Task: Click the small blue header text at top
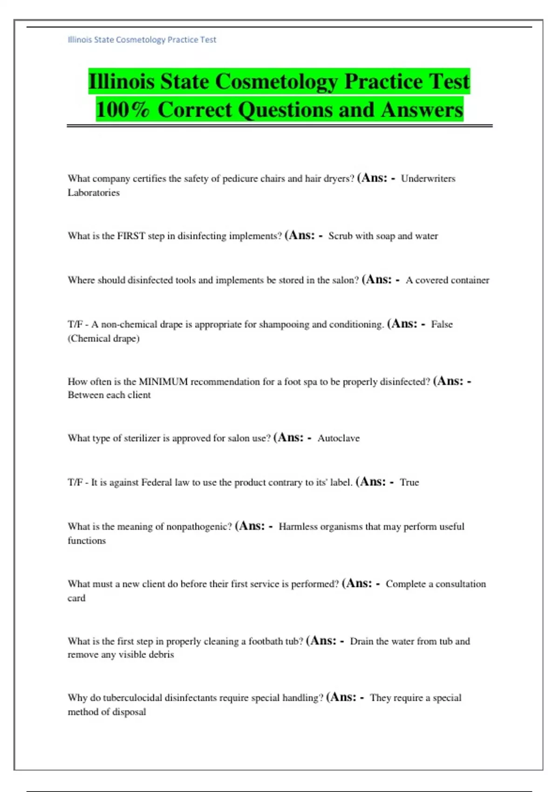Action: click(142, 40)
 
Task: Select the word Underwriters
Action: click(428, 178)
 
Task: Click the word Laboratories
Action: click(94, 193)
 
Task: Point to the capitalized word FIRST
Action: click(131, 236)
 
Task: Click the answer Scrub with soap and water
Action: click(383, 236)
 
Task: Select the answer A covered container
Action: click(447, 280)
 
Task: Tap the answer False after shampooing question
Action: click(442, 324)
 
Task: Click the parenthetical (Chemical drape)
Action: click(103, 339)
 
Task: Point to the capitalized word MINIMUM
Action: click(163, 382)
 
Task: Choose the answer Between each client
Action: click(109, 395)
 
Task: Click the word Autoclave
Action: click(339, 438)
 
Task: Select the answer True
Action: click(409, 483)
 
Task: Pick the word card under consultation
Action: click(76, 598)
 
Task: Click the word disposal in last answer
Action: click(128, 712)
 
